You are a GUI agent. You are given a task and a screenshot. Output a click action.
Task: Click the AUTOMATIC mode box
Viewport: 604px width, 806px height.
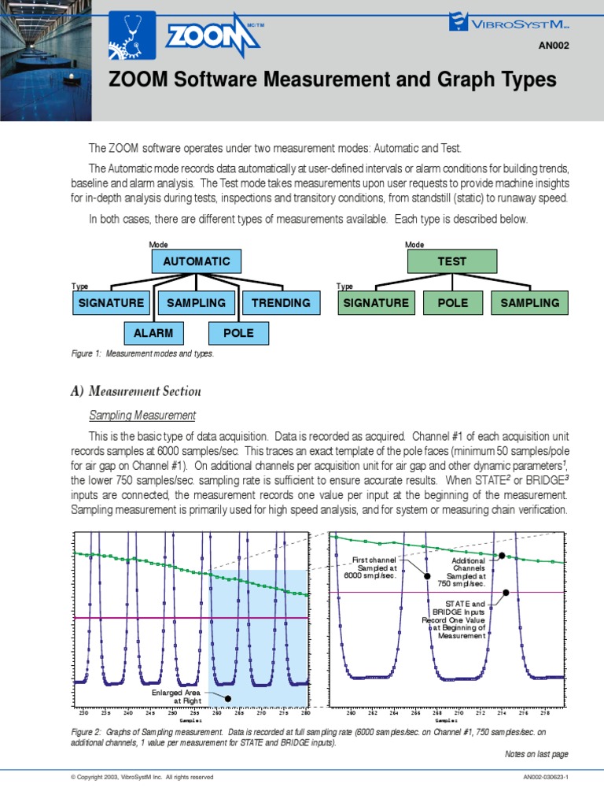coord(196,261)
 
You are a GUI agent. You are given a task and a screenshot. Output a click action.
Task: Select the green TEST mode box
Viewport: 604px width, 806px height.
coord(451,261)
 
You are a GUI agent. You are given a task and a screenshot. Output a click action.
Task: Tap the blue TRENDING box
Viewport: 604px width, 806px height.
coord(281,302)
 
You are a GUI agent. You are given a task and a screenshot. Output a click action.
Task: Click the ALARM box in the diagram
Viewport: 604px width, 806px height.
coord(153,333)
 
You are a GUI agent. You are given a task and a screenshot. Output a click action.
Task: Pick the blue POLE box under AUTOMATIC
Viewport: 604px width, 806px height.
coord(238,333)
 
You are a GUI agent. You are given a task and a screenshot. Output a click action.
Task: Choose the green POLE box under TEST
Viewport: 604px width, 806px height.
coord(451,302)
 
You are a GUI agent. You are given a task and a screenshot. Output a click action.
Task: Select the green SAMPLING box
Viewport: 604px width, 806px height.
coord(529,302)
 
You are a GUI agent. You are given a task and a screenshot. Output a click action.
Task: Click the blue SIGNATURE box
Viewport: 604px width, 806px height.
coord(111,302)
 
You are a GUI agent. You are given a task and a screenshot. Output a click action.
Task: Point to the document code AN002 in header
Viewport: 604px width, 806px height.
coord(553,46)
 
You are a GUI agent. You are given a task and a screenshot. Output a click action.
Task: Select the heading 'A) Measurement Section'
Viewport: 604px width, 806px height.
coord(137,391)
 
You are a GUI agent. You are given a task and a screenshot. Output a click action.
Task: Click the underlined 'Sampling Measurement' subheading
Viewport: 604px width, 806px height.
coord(142,415)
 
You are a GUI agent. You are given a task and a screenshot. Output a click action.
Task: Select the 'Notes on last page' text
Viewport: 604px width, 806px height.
coord(536,754)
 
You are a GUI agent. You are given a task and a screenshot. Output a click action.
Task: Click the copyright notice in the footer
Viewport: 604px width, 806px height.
coord(142,778)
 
